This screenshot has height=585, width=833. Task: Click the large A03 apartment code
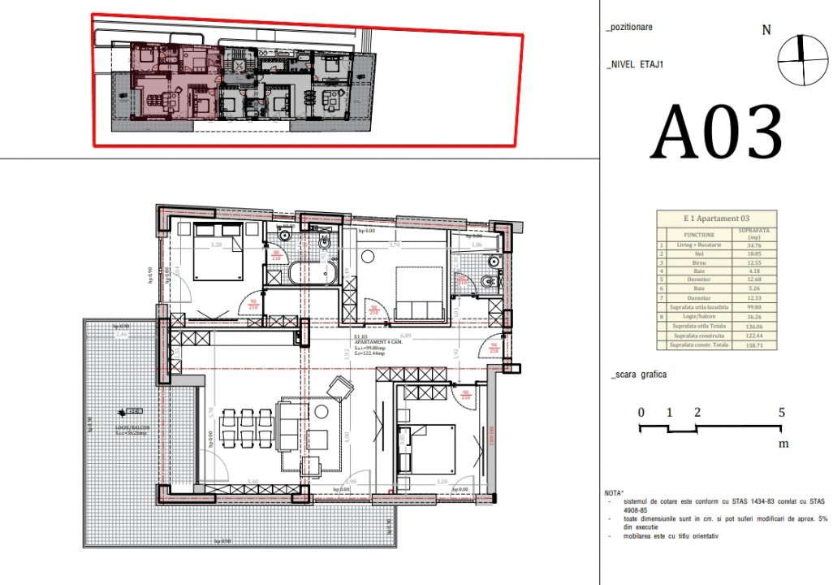(x=718, y=132)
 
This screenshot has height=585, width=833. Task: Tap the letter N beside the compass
(x=766, y=31)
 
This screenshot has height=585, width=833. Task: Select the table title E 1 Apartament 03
(x=715, y=219)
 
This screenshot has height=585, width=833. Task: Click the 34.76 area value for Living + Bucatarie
(x=755, y=245)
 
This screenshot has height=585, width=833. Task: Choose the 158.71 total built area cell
(x=755, y=345)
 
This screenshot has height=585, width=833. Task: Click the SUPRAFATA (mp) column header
(x=755, y=232)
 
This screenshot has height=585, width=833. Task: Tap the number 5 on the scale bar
(x=781, y=413)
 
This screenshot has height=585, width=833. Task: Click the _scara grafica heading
(x=637, y=375)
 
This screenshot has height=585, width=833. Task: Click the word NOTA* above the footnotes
(x=615, y=493)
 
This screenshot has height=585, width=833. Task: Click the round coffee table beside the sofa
(x=322, y=410)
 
